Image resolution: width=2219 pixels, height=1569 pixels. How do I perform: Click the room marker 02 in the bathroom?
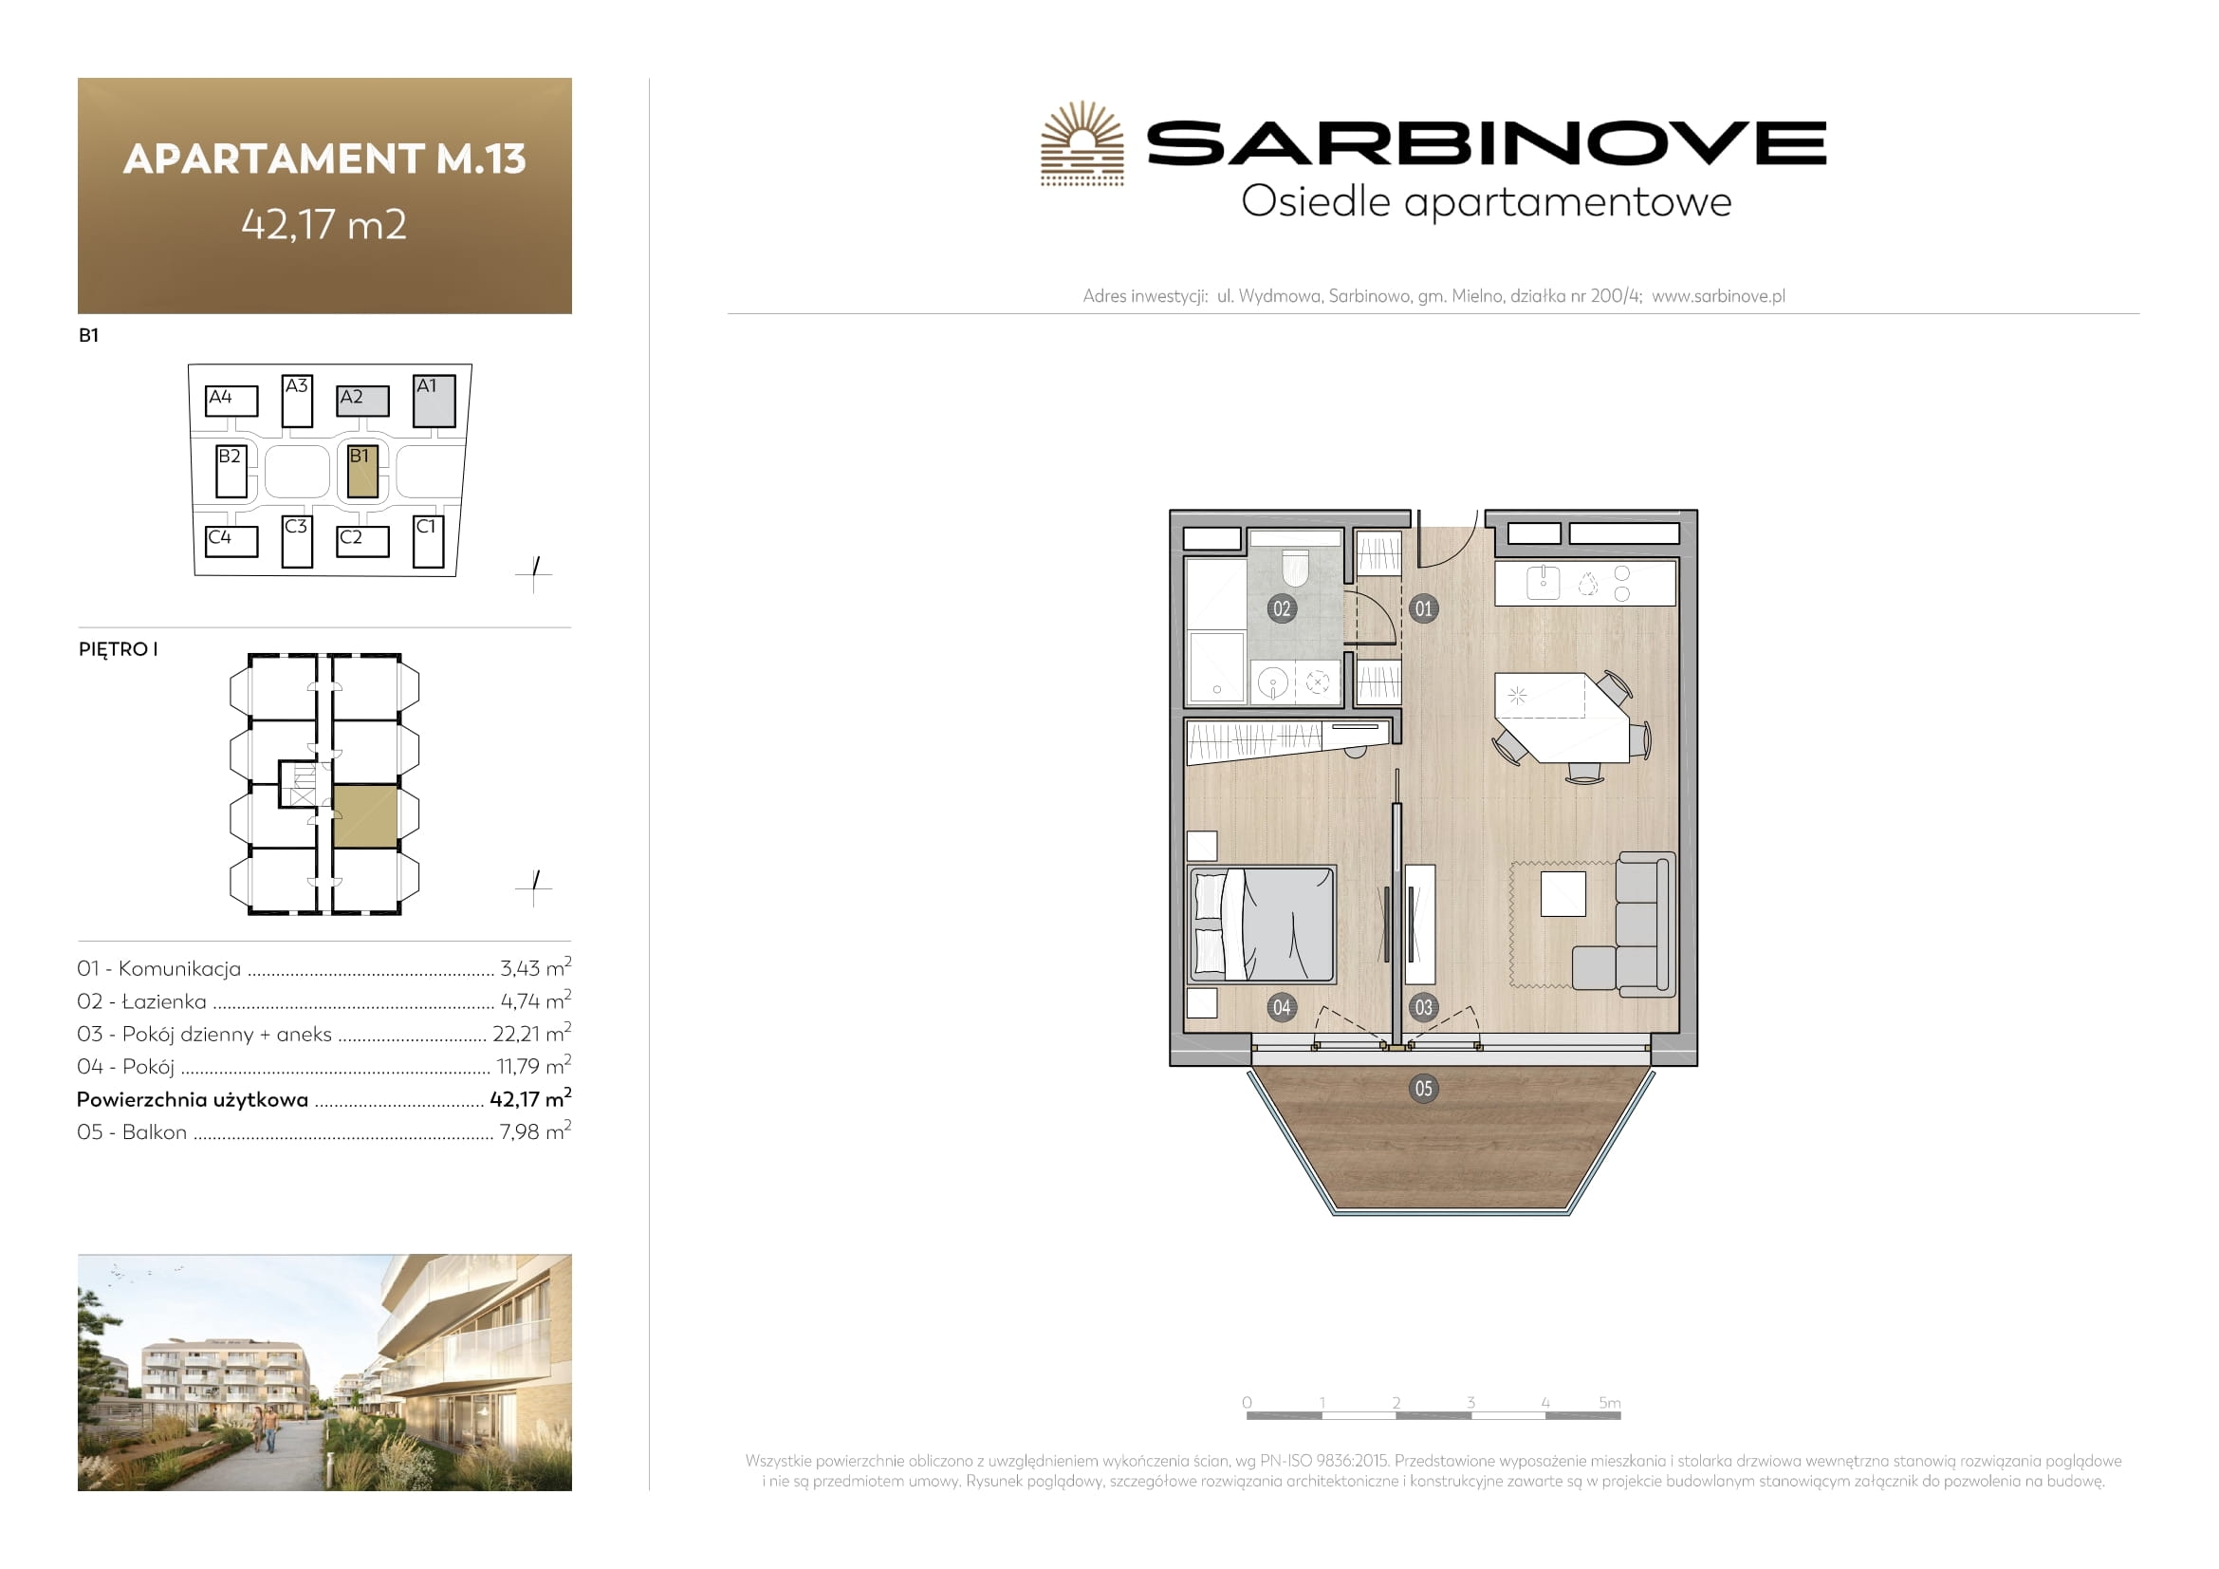pyautogui.click(x=1282, y=609)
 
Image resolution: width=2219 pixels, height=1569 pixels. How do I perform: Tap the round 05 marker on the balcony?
pyautogui.click(x=1424, y=1089)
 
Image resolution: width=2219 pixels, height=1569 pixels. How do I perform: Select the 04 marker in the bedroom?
pyautogui.click(x=1282, y=1007)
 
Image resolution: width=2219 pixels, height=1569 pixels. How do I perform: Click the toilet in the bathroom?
pyautogui.click(x=1294, y=569)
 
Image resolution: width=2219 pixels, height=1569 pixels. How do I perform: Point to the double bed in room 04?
pyautogui.click(x=1262, y=925)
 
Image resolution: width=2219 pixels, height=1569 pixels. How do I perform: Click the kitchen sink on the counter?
pyautogui.click(x=1544, y=583)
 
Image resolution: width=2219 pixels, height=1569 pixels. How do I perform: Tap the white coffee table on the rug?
pyautogui.click(x=1563, y=893)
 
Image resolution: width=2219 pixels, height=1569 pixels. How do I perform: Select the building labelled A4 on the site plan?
pyautogui.click(x=231, y=402)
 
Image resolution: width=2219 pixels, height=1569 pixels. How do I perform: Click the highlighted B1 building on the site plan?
pyautogui.click(x=362, y=472)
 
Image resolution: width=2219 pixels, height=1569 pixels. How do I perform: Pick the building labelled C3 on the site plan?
pyautogui.click(x=297, y=541)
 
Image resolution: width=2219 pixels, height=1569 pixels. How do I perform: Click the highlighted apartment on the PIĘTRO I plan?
pyautogui.click(x=365, y=817)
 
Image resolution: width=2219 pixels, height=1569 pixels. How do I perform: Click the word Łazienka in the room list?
pyautogui.click(x=164, y=1001)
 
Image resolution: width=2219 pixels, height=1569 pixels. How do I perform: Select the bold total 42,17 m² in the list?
pyautogui.click(x=530, y=1098)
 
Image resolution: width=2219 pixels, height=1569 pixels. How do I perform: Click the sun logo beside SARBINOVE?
pyautogui.click(x=1082, y=143)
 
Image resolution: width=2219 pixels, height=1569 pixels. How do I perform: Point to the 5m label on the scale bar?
pyautogui.click(x=1609, y=1403)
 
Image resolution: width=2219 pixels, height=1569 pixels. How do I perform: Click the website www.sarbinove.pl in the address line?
pyautogui.click(x=1718, y=296)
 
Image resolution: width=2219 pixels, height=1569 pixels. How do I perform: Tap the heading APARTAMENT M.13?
pyautogui.click(x=324, y=159)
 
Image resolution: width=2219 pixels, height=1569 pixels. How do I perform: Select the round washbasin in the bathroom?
pyautogui.click(x=1273, y=682)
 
